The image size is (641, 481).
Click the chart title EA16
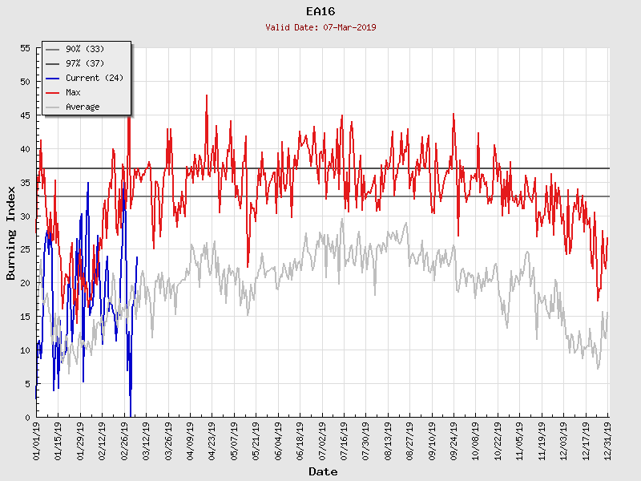[320, 11]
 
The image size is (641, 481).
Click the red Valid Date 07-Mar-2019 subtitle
[320, 27]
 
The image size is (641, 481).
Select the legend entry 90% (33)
[84, 50]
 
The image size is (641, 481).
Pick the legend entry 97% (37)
[84, 64]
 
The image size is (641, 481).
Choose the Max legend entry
[73, 93]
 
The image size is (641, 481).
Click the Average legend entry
[83, 107]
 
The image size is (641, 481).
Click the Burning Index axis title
[11, 232]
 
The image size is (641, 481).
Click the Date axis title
[323, 472]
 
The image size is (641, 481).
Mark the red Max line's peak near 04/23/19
[207, 95]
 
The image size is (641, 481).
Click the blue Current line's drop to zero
[130, 415]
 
